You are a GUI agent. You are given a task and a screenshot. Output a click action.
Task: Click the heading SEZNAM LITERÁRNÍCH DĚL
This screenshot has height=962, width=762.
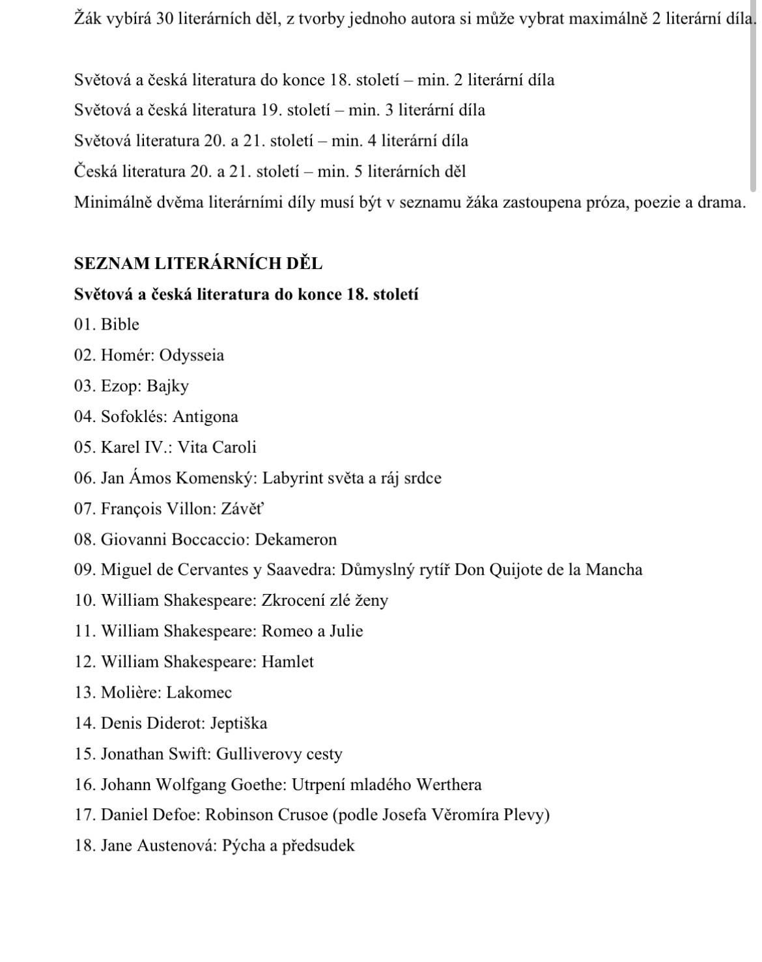198,264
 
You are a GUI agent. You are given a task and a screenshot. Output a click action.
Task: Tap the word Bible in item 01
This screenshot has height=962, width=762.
120,324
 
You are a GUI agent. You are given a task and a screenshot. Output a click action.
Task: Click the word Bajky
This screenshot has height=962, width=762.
167,386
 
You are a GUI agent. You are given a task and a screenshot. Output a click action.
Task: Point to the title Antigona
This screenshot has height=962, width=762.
205,417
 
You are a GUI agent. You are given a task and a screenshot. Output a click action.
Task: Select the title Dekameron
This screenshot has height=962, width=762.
296,539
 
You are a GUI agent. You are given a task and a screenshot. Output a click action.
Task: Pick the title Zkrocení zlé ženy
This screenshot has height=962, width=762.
324,601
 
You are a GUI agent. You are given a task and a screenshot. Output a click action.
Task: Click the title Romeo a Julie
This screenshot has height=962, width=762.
312,631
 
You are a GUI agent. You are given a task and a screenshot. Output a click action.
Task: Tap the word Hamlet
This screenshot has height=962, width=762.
287,662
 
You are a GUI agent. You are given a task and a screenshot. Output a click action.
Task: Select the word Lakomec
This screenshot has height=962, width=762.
199,692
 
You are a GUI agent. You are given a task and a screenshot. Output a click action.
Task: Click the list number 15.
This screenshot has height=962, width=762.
85,754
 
